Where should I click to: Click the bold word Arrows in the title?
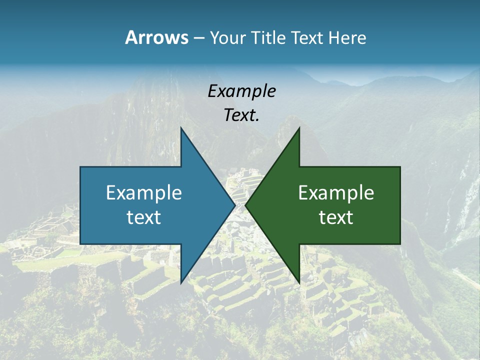(156, 37)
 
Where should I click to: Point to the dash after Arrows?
(198, 38)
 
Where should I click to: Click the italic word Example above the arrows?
(241, 91)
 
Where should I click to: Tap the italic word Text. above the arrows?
(241, 115)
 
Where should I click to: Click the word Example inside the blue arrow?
(144, 193)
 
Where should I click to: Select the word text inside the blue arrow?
(144, 217)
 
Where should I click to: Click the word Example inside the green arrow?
(336, 193)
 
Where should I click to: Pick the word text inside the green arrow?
(336, 217)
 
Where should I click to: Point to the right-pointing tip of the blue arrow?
(235, 205)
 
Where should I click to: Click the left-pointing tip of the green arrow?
(245, 205)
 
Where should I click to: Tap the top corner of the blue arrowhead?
(181, 128)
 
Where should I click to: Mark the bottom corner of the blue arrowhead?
(181, 283)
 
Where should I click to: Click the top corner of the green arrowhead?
(299, 128)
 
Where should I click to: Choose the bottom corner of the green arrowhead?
(299, 283)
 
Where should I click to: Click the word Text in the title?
(307, 37)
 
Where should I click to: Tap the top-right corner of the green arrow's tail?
(400, 167)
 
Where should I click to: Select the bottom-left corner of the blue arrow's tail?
(80, 244)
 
